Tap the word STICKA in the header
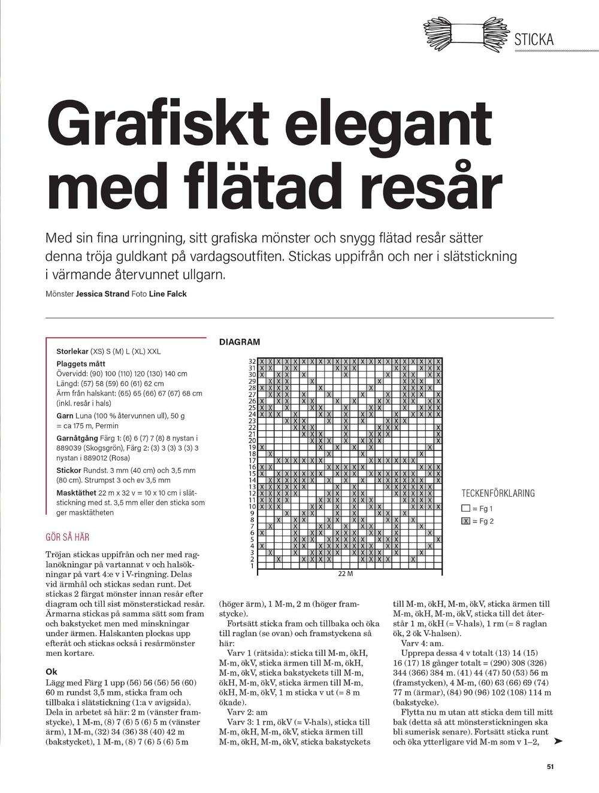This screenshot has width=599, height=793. click(x=534, y=40)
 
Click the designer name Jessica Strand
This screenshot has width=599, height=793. click(x=102, y=294)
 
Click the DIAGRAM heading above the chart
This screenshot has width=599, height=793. click(x=240, y=342)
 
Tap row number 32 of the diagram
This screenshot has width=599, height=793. click(x=252, y=361)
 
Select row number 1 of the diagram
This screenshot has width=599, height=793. click(x=252, y=566)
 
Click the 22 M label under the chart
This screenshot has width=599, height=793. click(x=346, y=574)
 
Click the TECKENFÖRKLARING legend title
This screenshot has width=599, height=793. click(x=498, y=494)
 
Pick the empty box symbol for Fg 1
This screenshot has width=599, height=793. click(x=465, y=509)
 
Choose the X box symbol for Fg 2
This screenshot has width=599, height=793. click(x=465, y=521)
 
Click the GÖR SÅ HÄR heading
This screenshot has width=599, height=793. click(x=68, y=537)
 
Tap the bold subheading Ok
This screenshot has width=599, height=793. click(x=52, y=672)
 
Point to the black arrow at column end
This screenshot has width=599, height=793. click(x=558, y=742)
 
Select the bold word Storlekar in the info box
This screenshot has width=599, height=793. click(x=72, y=351)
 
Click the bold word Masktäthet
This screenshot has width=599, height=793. click(x=77, y=493)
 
